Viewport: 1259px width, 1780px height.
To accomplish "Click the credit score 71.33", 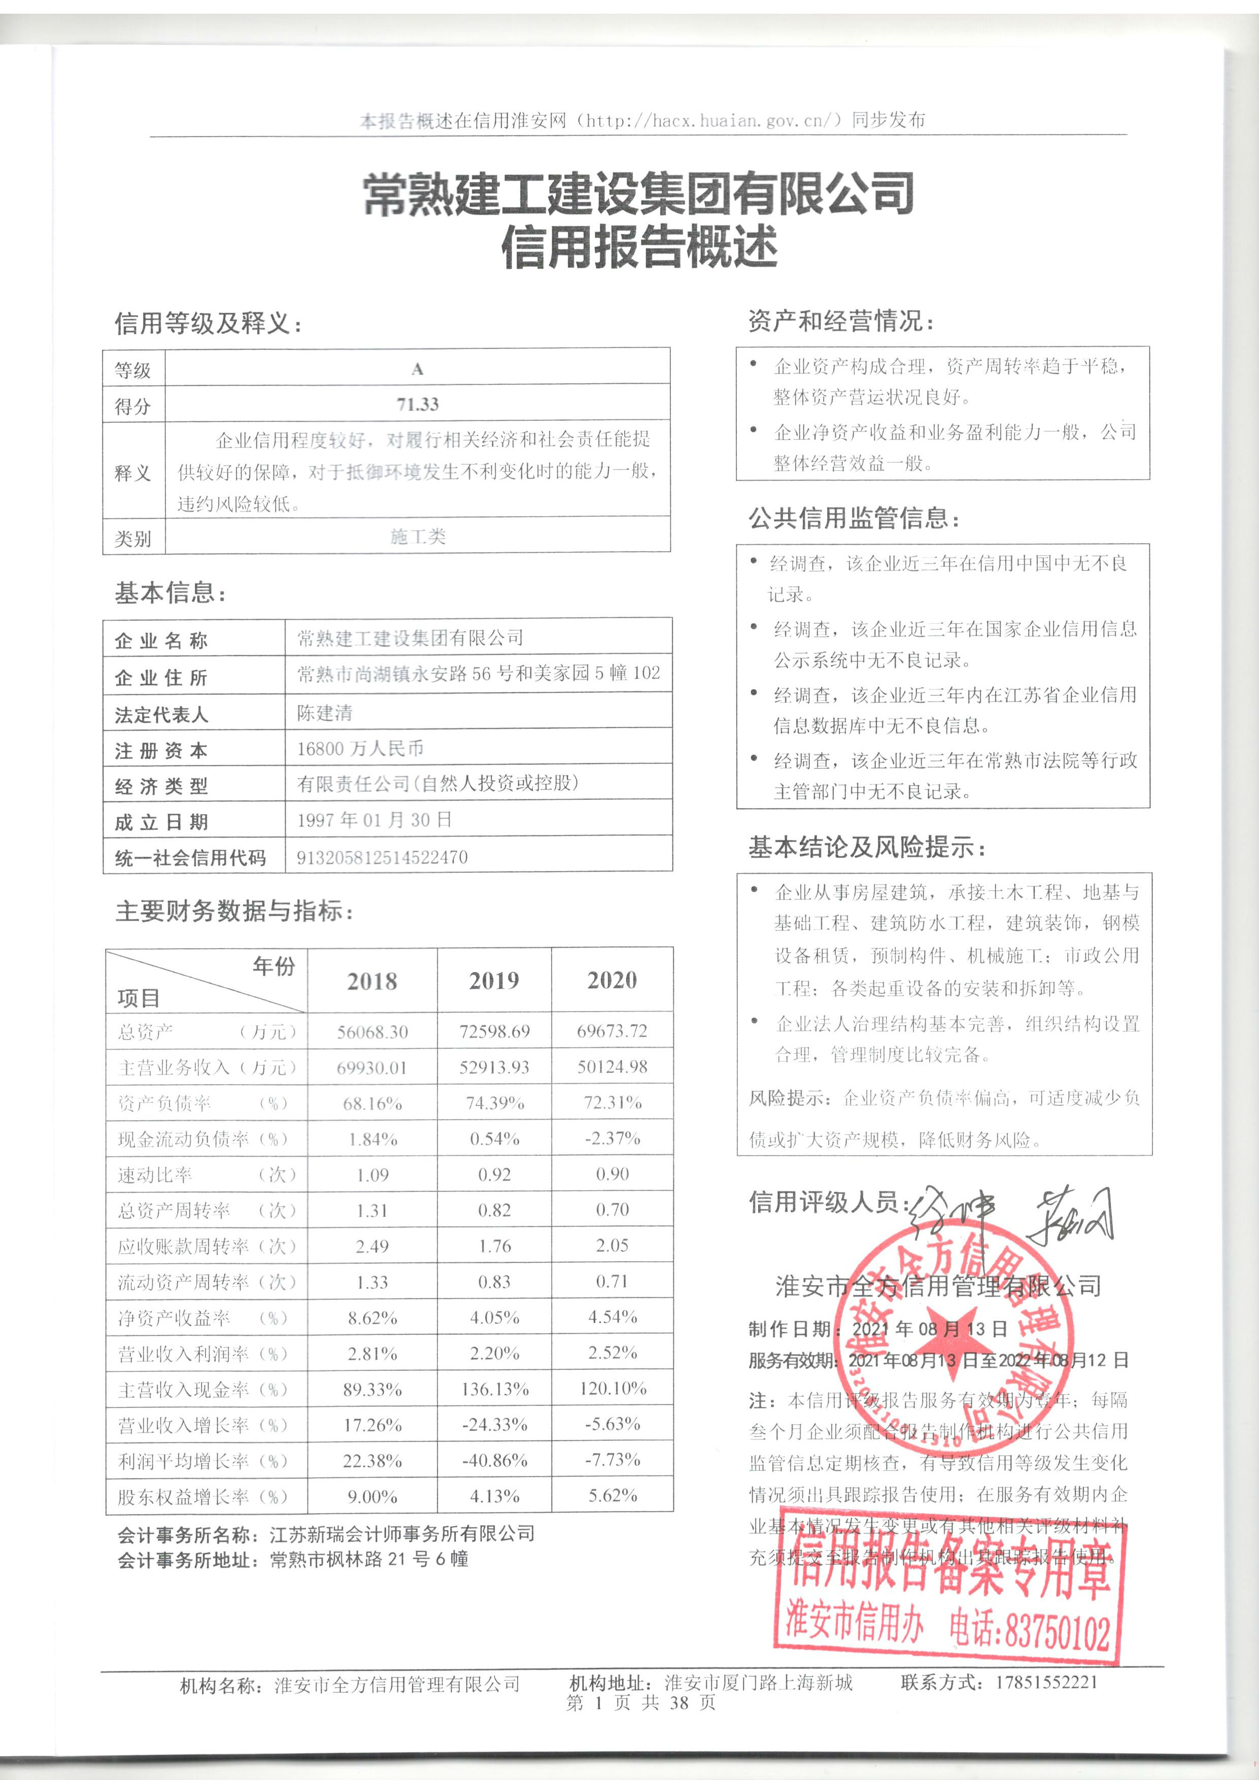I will click(418, 404).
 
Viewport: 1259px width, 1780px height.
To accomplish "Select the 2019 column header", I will click(494, 981).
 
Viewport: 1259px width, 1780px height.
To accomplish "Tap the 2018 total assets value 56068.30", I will click(372, 1032).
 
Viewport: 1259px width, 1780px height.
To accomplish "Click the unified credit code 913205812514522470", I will click(382, 857).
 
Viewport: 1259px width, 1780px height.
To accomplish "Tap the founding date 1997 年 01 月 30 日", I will click(375, 820).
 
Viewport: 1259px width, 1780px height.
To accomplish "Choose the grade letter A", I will click(418, 369).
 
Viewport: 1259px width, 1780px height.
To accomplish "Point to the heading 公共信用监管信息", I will click(854, 518).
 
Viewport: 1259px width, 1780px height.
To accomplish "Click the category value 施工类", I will click(418, 536).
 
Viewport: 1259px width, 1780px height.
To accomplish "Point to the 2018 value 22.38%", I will click(372, 1461).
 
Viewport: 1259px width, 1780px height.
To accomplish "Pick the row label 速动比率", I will click(155, 1174).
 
